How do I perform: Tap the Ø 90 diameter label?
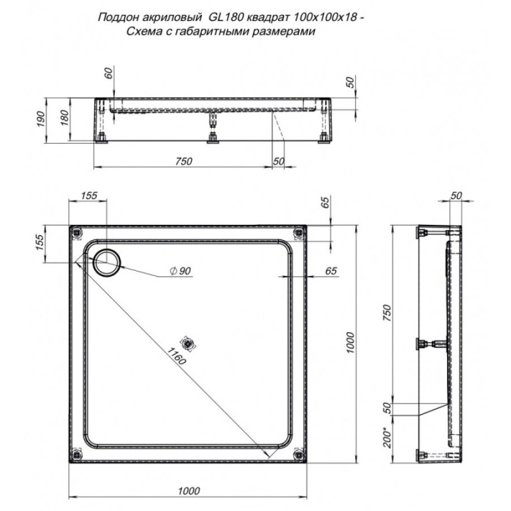(x=180, y=270)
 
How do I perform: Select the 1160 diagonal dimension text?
(x=176, y=356)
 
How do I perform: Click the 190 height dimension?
(x=40, y=119)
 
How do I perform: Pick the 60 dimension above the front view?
(x=109, y=73)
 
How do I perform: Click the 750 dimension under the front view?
(x=184, y=162)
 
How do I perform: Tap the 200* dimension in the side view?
(x=387, y=438)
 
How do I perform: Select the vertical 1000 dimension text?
(x=349, y=342)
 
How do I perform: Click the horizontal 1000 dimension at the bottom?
(x=189, y=491)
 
